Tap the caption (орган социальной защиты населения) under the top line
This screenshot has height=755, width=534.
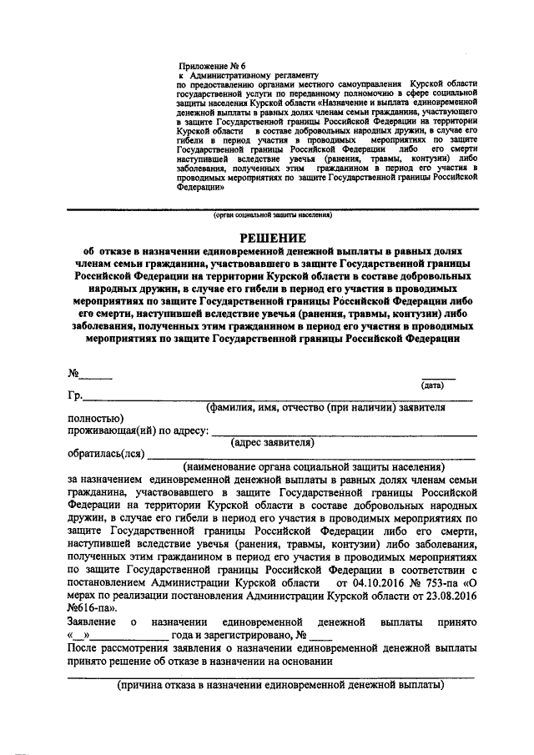(x=272, y=214)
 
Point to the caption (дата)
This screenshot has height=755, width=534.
(x=432, y=385)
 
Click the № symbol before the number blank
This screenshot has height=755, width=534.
(x=73, y=373)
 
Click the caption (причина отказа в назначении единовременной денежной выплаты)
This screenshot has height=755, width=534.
(x=280, y=685)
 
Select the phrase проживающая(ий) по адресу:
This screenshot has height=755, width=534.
(x=138, y=430)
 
